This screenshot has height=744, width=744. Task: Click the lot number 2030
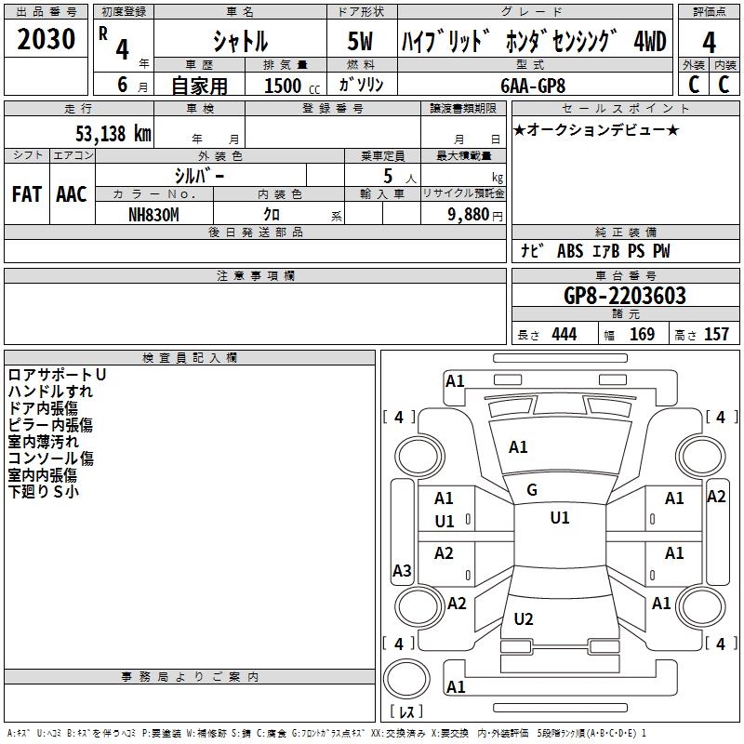coord(46,40)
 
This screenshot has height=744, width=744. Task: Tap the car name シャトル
coord(240,41)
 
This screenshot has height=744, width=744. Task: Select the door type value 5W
coord(362,41)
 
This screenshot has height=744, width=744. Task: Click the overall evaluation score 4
coord(709,42)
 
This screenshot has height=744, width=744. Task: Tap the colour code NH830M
coord(153,213)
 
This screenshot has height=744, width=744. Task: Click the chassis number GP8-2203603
coord(625,296)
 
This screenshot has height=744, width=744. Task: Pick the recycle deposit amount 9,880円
coord(475,213)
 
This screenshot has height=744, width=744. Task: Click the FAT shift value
coord(26,194)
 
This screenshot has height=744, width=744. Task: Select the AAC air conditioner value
coord(72,194)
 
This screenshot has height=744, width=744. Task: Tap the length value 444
coord(564,334)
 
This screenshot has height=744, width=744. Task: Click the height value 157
coord(716,334)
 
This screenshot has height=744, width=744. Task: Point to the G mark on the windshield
coord(532,490)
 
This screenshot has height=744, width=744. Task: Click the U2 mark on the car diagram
coord(524,618)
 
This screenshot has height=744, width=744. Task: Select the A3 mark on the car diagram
coord(402,571)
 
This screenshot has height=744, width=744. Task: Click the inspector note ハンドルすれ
coord(50,392)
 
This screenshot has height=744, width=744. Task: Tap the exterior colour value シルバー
coord(199,175)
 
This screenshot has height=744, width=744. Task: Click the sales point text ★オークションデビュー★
coord(596,129)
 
